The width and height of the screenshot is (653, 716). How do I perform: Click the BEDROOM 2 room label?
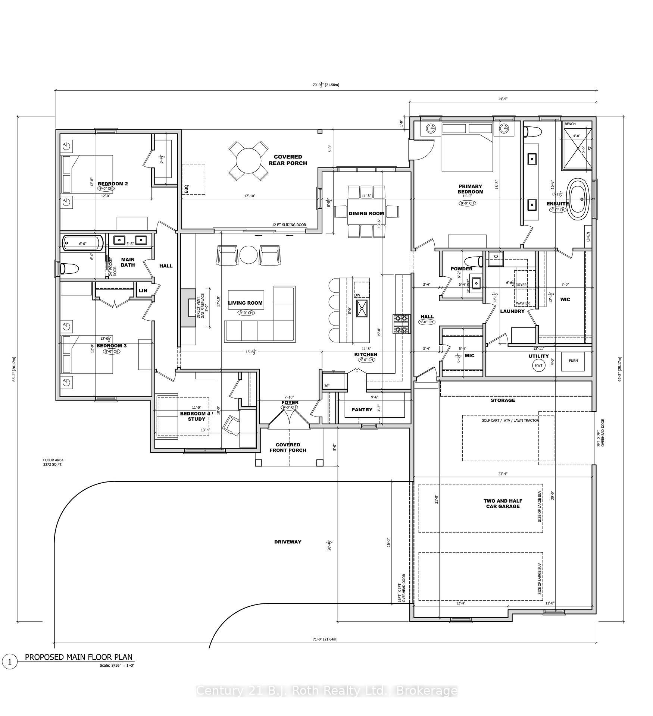point(113,183)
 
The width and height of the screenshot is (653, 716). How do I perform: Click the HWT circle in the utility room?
point(538,365)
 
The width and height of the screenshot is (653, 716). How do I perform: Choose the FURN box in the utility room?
point(573,361)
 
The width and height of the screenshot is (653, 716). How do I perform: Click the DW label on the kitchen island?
point(357,295)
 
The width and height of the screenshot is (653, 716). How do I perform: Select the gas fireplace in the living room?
point(189,308)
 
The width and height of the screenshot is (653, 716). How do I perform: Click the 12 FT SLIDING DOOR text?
point(289,225)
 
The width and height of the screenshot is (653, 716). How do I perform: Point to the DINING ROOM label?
point(366,213)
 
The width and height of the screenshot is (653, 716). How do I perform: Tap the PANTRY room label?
point(362,409)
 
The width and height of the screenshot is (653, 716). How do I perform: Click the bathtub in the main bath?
point(82,243)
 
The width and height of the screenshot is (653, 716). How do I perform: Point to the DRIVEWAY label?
point(287,542)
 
